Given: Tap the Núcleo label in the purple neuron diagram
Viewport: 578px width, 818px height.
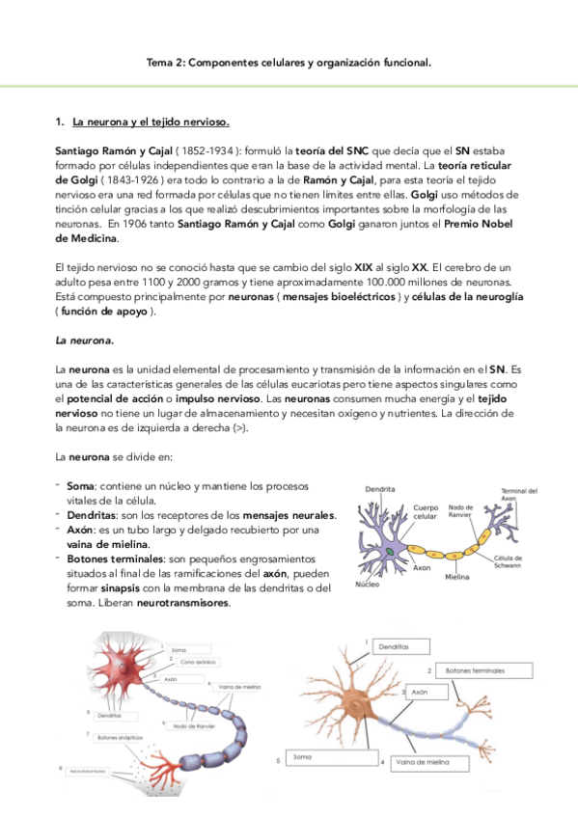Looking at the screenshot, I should point(368,585).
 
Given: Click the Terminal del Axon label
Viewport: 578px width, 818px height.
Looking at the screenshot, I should point(519,495).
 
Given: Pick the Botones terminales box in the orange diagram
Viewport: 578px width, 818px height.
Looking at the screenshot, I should point(470,669).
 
